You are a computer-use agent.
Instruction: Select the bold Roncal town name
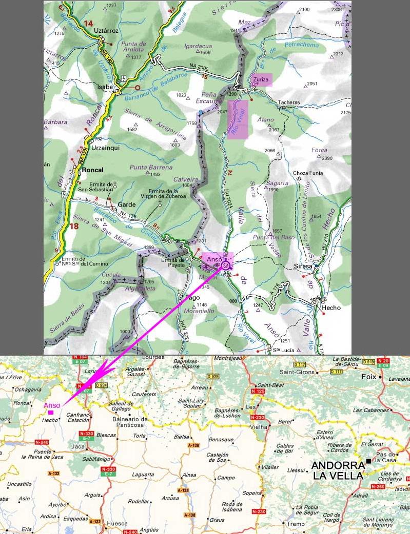(92, 170)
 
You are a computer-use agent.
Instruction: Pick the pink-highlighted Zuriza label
(262, 79)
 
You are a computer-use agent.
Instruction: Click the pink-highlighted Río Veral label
(238, 119)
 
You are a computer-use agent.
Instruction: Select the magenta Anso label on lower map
(51, 405)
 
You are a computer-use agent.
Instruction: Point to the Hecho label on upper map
(331, 308)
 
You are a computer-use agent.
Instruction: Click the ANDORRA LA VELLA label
(338, 470)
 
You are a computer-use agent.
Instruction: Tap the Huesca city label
(118, 524)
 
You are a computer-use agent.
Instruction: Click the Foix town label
(369, 377)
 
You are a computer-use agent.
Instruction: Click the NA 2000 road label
(200, 67)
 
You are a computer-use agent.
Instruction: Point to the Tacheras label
(289, 102)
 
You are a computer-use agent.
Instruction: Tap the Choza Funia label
(308, 173)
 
